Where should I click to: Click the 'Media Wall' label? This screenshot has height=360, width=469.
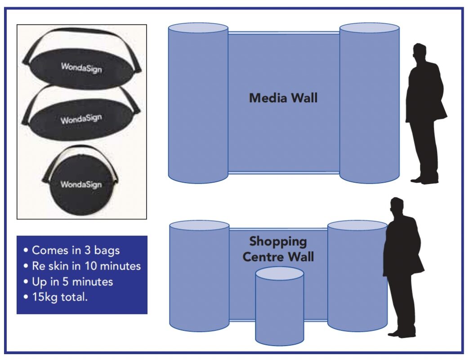click(x=283, y=98)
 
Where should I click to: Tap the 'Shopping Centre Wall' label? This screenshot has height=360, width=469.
click(x=278, y=249)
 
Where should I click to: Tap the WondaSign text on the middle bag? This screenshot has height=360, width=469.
click(x=81, y=119)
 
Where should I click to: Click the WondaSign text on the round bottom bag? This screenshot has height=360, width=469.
click(x=81, y=184)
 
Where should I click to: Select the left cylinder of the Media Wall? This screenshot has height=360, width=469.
click(x=198, y=103)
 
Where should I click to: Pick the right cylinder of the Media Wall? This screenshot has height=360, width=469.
click(x=369, y=103)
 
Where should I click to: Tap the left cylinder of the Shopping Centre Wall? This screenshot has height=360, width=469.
click(x=199, y=277)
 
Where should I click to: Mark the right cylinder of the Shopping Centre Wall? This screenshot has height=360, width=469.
click(x=357, y=277)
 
